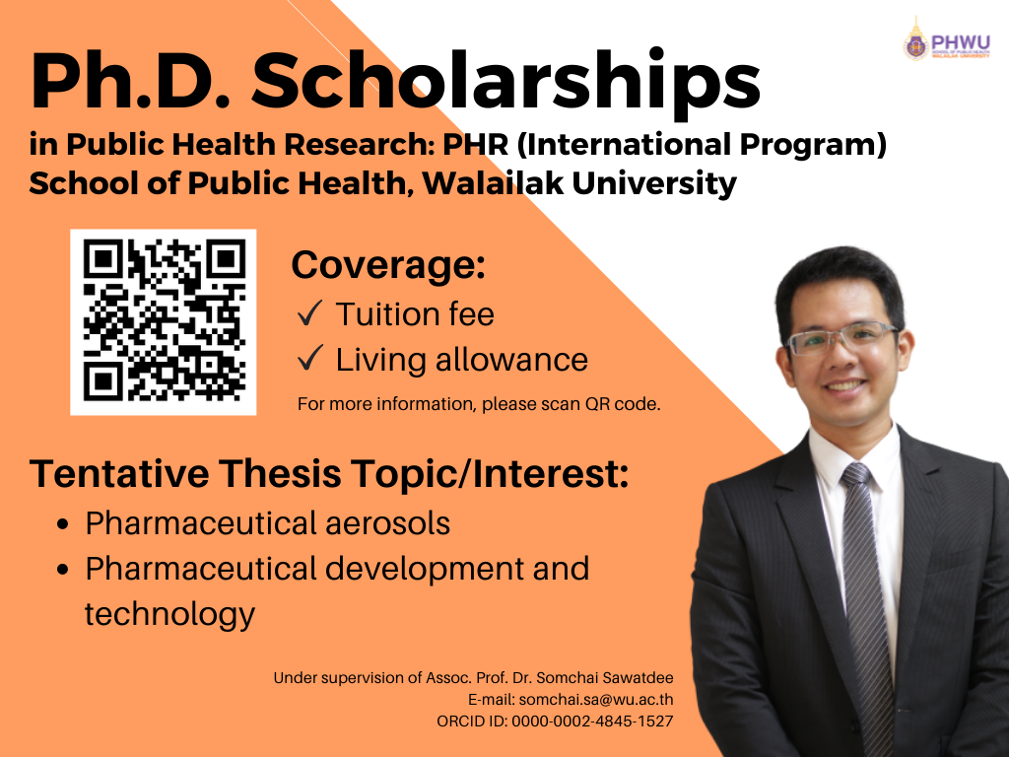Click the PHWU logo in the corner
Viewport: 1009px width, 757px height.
point(947,38)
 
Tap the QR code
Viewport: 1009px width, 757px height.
point(164,322)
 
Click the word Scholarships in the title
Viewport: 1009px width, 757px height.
point(505,82)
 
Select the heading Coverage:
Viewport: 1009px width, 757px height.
point(388,264)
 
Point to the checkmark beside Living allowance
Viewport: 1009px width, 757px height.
point(310,358)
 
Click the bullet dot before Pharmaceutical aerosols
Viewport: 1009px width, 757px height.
point(62,524)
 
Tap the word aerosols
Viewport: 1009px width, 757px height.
point(387,522)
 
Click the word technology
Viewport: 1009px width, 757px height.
point(169,614)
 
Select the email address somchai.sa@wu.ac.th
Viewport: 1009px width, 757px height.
point(596,699)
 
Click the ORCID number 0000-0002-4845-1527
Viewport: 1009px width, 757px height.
point(592,721)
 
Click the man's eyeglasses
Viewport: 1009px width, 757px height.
point(841,337)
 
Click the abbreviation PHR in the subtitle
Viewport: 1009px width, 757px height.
point(476,144)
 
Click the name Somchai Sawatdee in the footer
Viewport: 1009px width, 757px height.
point(605,678)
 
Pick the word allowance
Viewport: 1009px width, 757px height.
point(511,359)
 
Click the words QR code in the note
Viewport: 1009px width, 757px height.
point(623,404)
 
